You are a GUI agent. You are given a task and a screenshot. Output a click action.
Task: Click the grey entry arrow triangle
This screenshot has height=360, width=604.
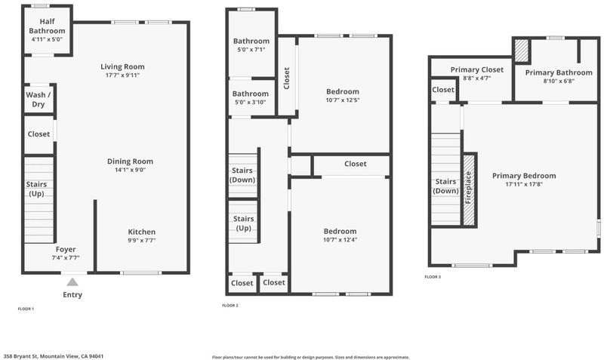point(72,282)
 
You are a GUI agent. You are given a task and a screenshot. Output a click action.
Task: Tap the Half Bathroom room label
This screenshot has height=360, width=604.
point(47,26)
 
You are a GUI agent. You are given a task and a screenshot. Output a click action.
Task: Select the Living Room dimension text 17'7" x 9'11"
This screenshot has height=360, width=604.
point(122,75)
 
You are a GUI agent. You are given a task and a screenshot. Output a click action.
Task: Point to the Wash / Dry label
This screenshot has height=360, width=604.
point(39,100)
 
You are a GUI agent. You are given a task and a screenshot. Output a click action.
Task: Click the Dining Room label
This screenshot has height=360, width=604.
point(130,162)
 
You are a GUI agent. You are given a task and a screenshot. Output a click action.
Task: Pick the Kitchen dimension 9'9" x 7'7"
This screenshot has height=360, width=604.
point(142,240)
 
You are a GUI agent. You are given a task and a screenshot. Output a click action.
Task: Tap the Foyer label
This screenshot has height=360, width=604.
point(66,250)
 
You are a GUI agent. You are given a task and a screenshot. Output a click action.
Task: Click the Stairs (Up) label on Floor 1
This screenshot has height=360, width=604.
point(36,189)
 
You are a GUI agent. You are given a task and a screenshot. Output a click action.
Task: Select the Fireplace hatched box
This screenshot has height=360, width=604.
point(469,190)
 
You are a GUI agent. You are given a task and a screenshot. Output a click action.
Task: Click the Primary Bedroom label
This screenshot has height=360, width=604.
point(524,176)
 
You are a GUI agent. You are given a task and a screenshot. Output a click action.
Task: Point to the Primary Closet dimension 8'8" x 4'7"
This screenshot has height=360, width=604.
point(477,78)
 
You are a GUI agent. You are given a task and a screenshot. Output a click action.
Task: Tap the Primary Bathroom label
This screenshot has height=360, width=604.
point(559,72)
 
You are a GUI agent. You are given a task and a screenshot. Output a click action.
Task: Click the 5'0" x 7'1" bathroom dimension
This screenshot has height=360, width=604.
point(251,50)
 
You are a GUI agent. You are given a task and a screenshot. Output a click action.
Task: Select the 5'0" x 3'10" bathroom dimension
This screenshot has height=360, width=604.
point(251,103)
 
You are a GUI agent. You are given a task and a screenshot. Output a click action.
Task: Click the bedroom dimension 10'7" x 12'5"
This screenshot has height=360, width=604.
point(343,100)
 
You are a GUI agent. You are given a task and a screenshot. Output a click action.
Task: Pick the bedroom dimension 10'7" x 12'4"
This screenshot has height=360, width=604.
point(341,239)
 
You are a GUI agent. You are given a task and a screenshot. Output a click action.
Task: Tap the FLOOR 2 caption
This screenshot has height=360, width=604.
point(230,306)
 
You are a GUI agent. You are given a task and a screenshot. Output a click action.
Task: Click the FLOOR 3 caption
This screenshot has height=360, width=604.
point(433,277)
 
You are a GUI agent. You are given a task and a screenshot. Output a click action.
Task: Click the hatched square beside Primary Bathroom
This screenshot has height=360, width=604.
point(522,51)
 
